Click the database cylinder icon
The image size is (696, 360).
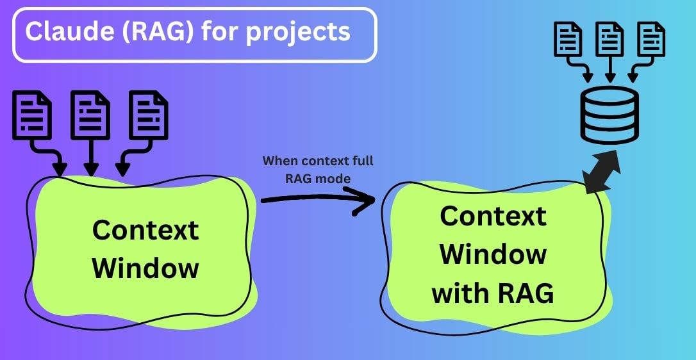click(x=609, y=116)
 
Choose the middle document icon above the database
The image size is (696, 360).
click(x=609, y=40)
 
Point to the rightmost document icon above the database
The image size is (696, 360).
click(x=650, y=40)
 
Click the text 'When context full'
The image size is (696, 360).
click(x=318, y=161)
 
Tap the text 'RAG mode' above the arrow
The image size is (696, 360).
click(x=318, y=179)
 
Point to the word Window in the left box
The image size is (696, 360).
click(x=145, y=267)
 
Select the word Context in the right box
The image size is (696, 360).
click(x=493, y=217)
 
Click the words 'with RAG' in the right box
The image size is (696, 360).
click(x=493, y=293)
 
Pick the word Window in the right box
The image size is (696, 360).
click(x=493, y=254)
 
